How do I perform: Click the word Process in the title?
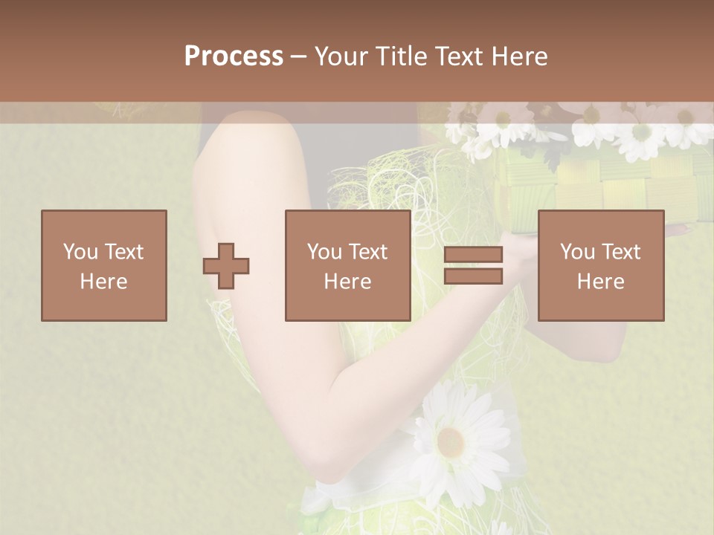[x=234, y=56]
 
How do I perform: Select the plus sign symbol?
[x=226, y=265]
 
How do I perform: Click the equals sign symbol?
[x=473, y=265]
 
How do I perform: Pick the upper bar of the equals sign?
[x=473, y=255]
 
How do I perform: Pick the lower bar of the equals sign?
[x=473, y=276]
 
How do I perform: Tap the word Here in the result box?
[x=600, y=282]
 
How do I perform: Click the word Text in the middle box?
[x=369, y=252]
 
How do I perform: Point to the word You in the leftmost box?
[x=80, y=252]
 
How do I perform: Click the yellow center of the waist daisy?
[x=451, y=443]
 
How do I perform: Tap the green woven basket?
[x=595, y=189]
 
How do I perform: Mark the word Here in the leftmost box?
[x=103, y=282]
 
